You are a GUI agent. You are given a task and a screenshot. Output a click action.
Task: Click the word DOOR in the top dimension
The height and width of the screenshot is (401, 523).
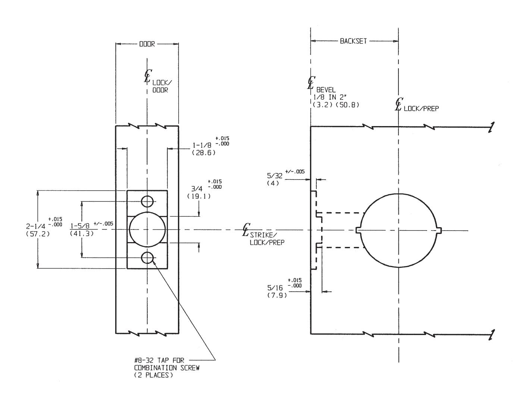pyautogui.click(x=147, y=44)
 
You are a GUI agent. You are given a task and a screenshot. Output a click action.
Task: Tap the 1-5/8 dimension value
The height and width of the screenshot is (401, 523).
pyautogui.click(x=80, y=226)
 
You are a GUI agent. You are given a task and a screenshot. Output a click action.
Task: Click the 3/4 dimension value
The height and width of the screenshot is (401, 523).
pyautogui.click(x=197, y=189)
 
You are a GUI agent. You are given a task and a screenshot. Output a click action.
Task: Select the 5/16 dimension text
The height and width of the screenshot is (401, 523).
pyautogui.click(x=275, y=288)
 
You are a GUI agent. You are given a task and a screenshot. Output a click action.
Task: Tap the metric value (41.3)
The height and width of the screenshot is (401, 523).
pyautogui.click(x=81, y=234)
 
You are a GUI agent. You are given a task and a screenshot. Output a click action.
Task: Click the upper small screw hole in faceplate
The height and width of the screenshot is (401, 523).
pyautogui.click(x=147, y=201)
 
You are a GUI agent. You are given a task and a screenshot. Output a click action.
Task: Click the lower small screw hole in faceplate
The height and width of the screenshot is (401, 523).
pyautogui.click(x=147, y=257)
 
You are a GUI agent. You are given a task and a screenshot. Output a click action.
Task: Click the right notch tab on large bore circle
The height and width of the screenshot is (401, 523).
pyautogui.click(x=439, y=230)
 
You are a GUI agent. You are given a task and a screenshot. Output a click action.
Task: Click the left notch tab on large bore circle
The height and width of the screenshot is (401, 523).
pyautogui.click(x=359, y=230)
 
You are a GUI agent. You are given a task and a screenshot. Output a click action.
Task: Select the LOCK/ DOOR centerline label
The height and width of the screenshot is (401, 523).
pyautogui.click(x=160, y=87)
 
